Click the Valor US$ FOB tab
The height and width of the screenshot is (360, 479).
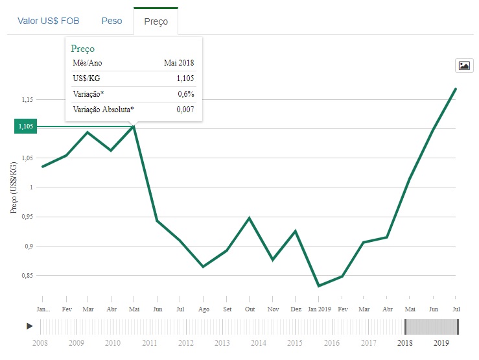point(49,21)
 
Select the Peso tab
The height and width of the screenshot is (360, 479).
point(111,21)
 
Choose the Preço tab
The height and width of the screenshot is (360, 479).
point(156,21)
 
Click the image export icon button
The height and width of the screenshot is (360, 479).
point(464,65)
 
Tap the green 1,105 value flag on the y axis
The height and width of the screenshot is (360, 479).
point(25,126)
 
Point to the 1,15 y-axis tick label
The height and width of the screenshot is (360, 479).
point(27,100)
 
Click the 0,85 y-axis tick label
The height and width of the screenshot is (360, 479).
point(27,276)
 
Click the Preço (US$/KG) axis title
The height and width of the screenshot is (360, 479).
point(14,188)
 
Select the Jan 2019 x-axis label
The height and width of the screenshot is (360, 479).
point(318,309)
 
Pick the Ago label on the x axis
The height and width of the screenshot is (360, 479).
point(204,309)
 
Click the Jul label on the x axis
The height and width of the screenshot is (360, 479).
point(456,309)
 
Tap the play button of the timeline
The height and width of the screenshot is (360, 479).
point(30,326)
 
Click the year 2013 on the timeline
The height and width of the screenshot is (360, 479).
point(222,342)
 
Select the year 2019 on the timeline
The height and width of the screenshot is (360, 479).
point(441,342)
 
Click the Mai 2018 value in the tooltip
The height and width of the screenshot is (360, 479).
point(178,63)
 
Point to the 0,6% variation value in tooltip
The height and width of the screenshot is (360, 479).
point(185,94)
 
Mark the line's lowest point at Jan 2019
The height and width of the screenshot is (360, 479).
point(318,285)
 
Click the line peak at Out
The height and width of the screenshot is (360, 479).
point(250,218)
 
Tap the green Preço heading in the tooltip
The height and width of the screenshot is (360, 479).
point(83,49)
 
